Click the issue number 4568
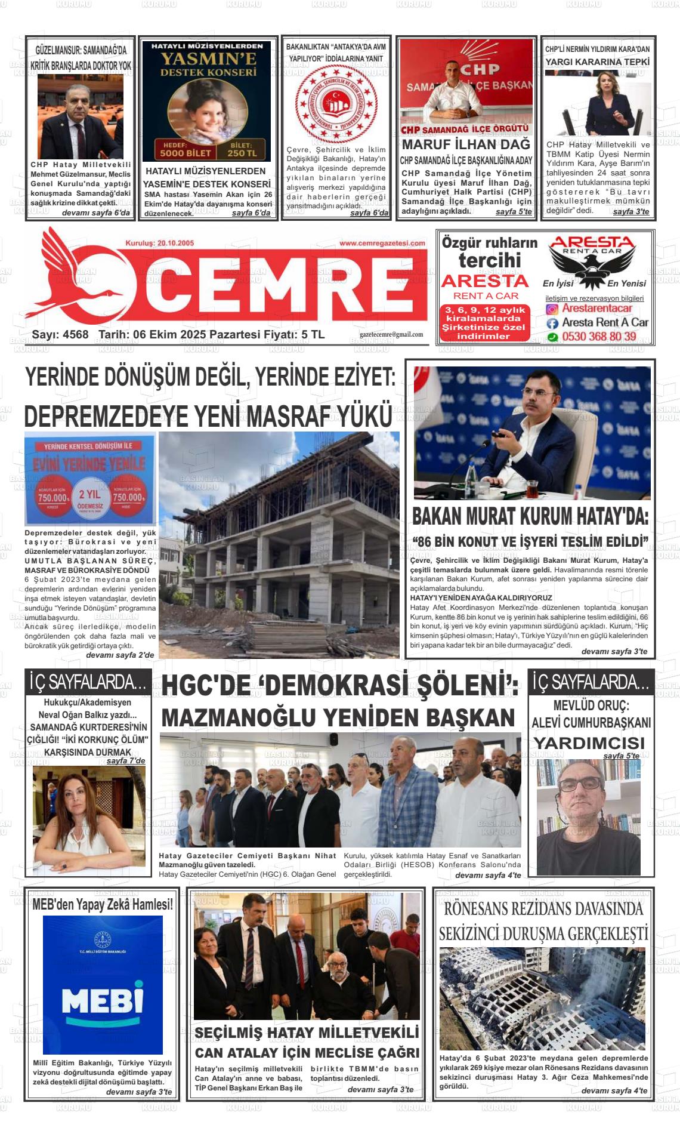click(75, 335)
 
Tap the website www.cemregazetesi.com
click(382, 244)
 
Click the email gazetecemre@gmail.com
click(391, 335)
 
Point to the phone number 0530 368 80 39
click(599, 337)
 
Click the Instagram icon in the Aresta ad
click(552, 309)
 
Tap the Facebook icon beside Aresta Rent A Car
click(552, 323)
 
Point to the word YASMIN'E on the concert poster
click(208, 58)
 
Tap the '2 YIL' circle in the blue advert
click(89, 495)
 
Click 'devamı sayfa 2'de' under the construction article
click(120, 655)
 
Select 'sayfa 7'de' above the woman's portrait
click(126, 761)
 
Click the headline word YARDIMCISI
click(590, 743)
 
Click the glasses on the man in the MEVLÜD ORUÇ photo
click(580, 784)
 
